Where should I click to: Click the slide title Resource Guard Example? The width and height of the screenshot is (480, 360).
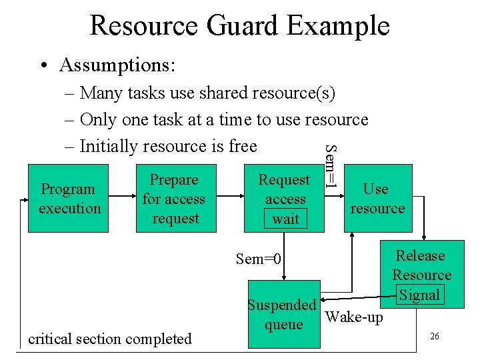click(239, 25)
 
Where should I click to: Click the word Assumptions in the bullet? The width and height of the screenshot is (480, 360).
click(117, 65)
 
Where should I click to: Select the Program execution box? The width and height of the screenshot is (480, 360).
click(69, 199)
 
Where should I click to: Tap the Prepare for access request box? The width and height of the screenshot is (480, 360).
click(175, 199)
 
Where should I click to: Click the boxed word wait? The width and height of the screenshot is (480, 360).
click(285, 219)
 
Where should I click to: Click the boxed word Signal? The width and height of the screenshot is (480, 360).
click(419, 295)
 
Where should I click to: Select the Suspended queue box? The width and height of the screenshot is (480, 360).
click(281, 315)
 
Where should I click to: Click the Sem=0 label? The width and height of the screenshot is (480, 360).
click(259, 259)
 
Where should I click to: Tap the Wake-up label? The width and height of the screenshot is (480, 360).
click(354, 317)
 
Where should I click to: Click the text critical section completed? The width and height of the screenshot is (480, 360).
click(109, 339)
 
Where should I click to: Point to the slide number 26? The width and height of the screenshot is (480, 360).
click(434, 337)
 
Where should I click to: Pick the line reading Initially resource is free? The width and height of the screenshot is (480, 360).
click(167, 146)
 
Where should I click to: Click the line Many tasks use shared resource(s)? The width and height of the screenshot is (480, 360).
click(207, 93)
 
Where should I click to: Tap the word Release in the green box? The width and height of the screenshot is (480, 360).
click(420, 256)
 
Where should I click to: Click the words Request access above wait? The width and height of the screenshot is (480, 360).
click(285, 189)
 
